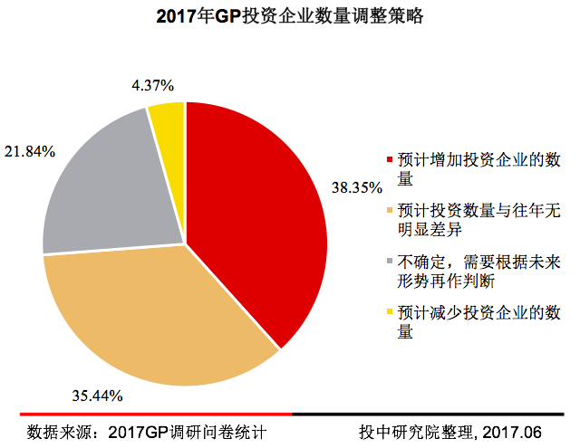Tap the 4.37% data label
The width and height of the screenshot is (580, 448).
[152, 86]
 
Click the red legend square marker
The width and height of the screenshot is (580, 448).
[391, 161]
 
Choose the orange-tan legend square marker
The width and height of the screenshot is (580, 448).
[391, 212]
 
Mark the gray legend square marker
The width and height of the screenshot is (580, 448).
[391, 262]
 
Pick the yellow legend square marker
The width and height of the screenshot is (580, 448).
[391, 313]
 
